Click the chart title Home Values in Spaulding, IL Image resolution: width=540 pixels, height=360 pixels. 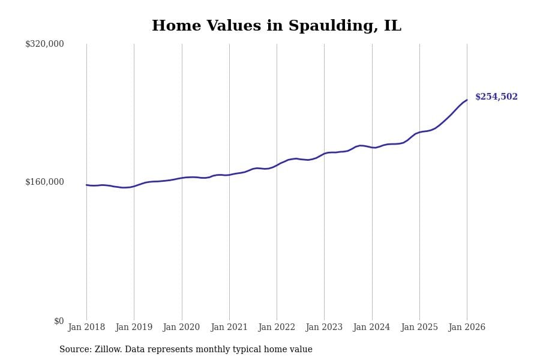(276, 26)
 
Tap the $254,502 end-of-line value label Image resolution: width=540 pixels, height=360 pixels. (496, 97)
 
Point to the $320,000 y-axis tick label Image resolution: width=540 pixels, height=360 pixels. (44, 44)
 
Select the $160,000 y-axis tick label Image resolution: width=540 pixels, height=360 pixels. (44, 182)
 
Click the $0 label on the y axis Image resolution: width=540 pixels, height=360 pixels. (59, 321)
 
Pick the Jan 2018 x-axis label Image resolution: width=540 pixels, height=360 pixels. (86, 328)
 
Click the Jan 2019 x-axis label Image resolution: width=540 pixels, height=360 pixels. (134, 328)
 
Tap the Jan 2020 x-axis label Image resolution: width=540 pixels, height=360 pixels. (181, 328)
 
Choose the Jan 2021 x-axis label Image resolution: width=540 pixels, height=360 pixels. (229, 328)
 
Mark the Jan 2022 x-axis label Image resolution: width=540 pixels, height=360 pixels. (277, 328)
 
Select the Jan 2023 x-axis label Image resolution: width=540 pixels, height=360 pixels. (324, 328)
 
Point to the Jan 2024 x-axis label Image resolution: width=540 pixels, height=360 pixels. (371, 328)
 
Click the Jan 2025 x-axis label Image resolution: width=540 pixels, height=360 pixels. (419, 328)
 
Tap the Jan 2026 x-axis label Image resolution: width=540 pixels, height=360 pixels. (467, 328)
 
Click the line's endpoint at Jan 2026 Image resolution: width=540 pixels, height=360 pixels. (467, 100)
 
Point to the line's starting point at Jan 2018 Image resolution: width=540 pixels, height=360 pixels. (86, 185)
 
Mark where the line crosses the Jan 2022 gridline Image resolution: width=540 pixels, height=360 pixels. (277, 165)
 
